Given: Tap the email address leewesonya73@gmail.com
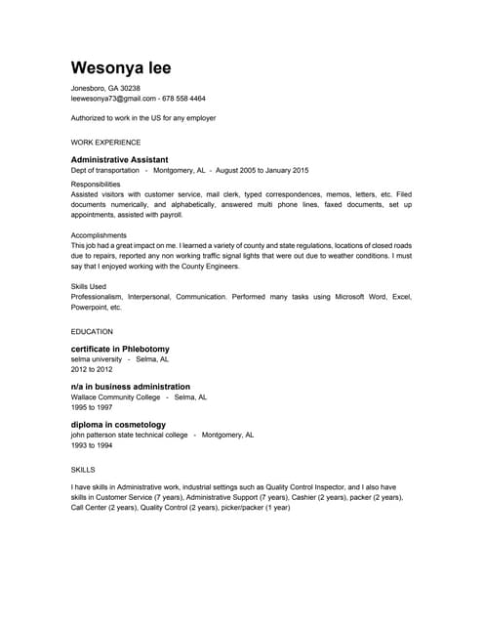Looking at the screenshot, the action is [113, 99].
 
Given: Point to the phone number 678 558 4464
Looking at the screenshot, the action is [183, 99].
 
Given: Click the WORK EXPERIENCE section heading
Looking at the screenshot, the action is [105, 142].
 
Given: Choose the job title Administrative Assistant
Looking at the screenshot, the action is [119, 159].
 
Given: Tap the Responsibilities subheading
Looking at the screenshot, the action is [96, 184].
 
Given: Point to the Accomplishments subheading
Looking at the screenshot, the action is [99, 235].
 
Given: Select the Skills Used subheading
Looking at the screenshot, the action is [89, 286].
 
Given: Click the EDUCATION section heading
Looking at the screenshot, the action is [92, 331].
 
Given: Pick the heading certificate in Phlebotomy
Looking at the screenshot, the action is [120, 349].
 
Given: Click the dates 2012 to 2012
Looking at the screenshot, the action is [92, 370].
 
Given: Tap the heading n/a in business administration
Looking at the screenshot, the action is [131, 387].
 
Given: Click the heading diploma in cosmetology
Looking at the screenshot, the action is [118, 425].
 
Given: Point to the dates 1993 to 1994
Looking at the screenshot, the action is [92, 445].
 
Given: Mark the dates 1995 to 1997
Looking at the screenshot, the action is [92, 407].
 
